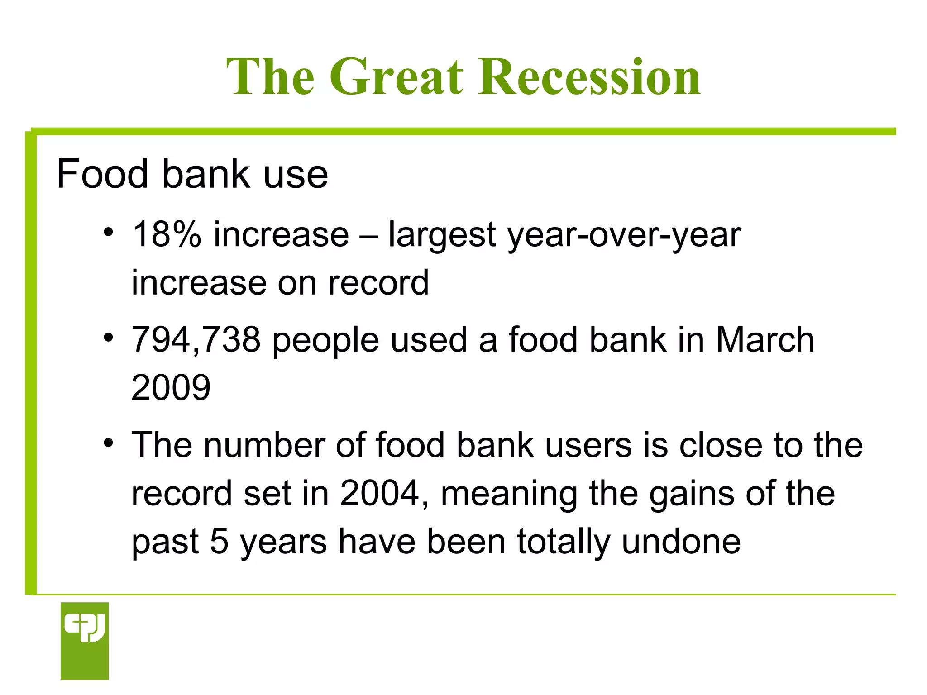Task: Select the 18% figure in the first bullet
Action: click(x=166, y=234)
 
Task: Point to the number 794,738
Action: click(x=196, y=340)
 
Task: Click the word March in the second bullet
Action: click(x=765, y=340)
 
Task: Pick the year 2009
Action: click(x=171, y=388)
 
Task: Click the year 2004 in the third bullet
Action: click(x=379, y=494)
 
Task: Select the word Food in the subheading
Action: click(x=102, y=174)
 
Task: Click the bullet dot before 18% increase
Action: click(x=108, y=233)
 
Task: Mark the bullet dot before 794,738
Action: click(x=108, y=338)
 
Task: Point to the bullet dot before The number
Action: click(x=108, y=443)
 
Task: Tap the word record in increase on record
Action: click(x=378, y=283)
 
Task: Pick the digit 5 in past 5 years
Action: click(x=219, y=542)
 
